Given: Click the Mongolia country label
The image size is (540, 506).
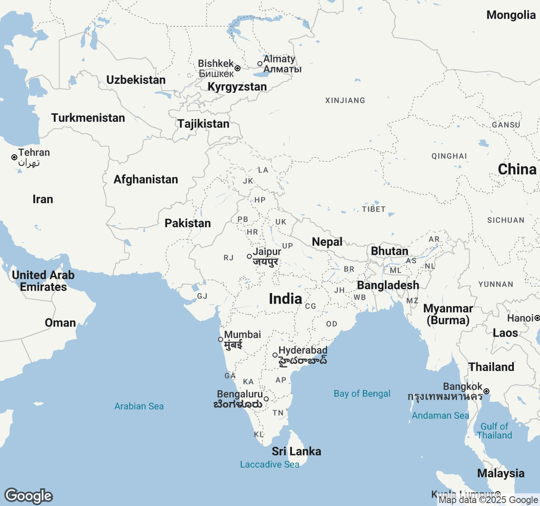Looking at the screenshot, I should pyautogui.click(x=511, y=15).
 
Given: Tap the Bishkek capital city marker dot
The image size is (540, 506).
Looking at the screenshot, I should pyautogui.click(x=238, y=68).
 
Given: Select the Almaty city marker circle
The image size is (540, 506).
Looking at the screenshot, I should pyautogui.click(x=260, y=64).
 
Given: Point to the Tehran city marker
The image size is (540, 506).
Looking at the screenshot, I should pyautogui.click(x=14, y=157).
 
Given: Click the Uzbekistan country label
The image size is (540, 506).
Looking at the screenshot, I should pyautogui.click(x=136, y=80).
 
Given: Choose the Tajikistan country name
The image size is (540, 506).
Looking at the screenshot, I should pyautogui.click(x=203, y=124).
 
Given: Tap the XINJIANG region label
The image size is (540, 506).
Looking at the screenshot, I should pyautogui.click(x=345, y=100).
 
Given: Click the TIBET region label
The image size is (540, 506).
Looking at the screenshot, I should pyautogui.click(x=373, y=209).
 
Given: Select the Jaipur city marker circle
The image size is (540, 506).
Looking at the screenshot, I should pyautogui.click(x=249, y=256).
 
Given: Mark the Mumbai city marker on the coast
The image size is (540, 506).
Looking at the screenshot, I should pyautogui.click(x=221, y=339).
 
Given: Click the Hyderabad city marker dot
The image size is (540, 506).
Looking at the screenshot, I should pyautogui.click(x=275, y=355).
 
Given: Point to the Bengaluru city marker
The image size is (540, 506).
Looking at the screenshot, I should pyautogui.click(x=266, y=399).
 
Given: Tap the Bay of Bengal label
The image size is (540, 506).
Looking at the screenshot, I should pyautogui.click(x=362, y=394).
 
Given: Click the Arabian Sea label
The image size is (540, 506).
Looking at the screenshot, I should pyautogui.click(x=139, y=406).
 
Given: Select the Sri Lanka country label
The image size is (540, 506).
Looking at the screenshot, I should pyautogui.click(x=296, y=452).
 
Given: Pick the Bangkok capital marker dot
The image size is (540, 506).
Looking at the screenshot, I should pyautogui.click(x=486, y=391).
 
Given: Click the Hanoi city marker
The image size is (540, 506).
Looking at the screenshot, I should pyautogui.click(x=537, y=318).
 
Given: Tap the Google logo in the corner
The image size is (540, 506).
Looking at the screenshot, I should pyautogui.click(x=29, y=496).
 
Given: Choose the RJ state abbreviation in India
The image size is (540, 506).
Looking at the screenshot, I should pyautogui.click(x=228, y=258).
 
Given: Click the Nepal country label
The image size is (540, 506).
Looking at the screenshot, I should pyautogui.click(x=327, y=242).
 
